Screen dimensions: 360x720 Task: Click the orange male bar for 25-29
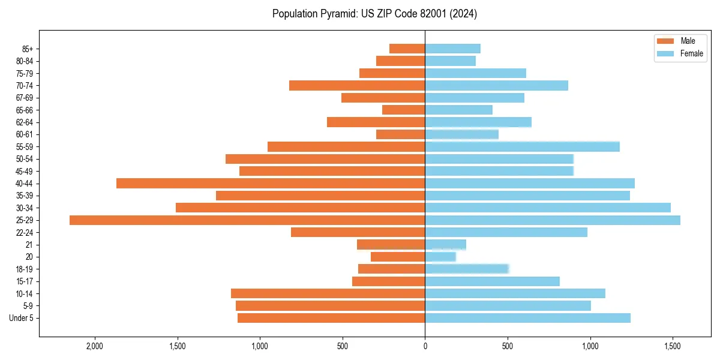(x=247, y=220)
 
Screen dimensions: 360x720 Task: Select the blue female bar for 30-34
(x=548, y=208)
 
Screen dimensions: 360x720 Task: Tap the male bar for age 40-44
(x=271, y=183)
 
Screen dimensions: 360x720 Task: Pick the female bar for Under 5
(x=527, y=318)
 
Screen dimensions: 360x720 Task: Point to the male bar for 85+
(x=407, y=49)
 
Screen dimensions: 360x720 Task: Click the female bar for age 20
(x=440, y=257)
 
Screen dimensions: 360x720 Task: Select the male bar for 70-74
(x=357, y=85)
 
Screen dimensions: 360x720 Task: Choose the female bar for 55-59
(x=522, y=146)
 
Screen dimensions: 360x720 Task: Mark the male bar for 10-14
(x=328, y=293)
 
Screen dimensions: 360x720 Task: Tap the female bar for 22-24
(x=506, y=232)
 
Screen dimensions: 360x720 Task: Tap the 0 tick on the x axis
(x=425, y=346)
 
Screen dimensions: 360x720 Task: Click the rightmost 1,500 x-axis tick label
(x=673, y=346)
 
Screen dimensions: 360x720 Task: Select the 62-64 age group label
(x=25, y=122)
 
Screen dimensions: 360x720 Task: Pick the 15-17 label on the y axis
(x=25, y=281)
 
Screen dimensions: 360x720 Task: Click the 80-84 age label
(x=25, y=61)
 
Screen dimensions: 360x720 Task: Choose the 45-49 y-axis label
(x=25, y=171)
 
